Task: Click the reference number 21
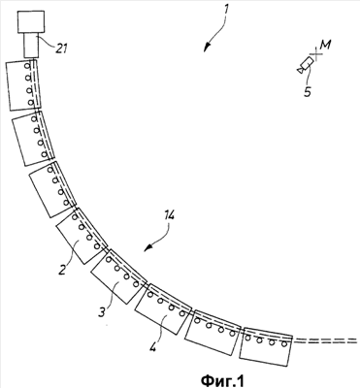pos(60,48)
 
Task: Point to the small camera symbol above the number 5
pos(305,65)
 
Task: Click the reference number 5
pos(308,92)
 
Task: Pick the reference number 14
pos(168,215)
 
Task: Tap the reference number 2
pos(62,269)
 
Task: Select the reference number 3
pos(102,311)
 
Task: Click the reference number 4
pos(152,348)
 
